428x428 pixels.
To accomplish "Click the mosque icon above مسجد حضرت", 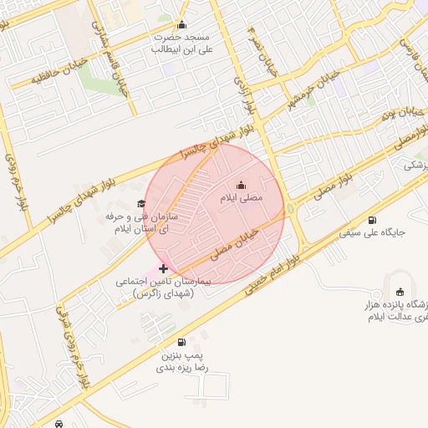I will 182,24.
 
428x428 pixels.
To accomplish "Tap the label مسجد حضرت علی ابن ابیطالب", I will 180,43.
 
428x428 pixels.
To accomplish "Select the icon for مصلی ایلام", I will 242,185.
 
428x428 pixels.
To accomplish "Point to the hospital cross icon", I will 163,268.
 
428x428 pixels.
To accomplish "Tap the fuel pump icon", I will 181,342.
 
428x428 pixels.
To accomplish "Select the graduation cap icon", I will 140,203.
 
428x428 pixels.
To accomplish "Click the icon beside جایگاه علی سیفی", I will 372,220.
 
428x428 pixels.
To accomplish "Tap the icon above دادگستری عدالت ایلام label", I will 400,292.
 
